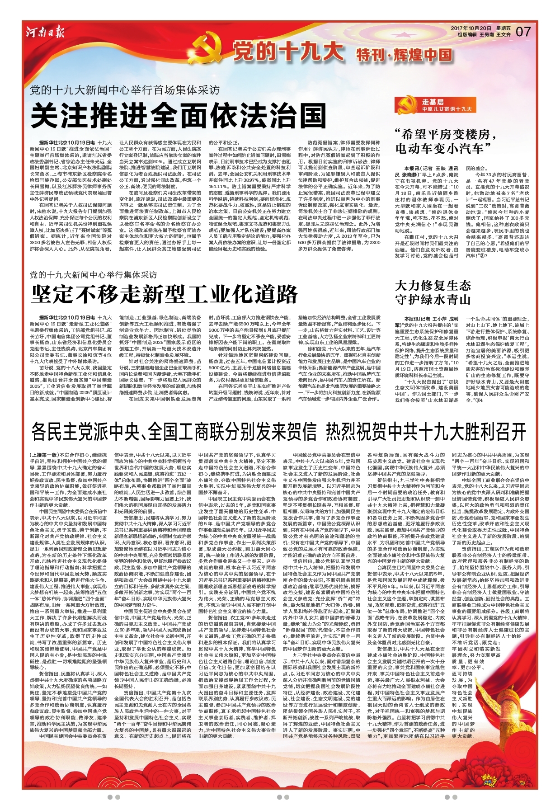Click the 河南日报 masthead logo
tap(45, 32)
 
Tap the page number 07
tap(523, 31)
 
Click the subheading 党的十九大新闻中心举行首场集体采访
tap(124, 90)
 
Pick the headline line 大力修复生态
tap(433, 286)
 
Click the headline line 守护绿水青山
tap(433, 300)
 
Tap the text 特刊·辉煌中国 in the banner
tap(404, 55)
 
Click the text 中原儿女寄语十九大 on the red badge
tap(447, 109)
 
